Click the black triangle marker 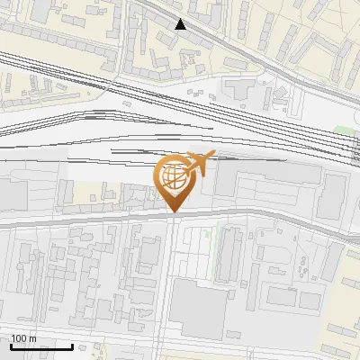pos(181,24)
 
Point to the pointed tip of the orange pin pos(174,211)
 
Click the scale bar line pos(41,346)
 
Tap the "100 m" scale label pos(23,338)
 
